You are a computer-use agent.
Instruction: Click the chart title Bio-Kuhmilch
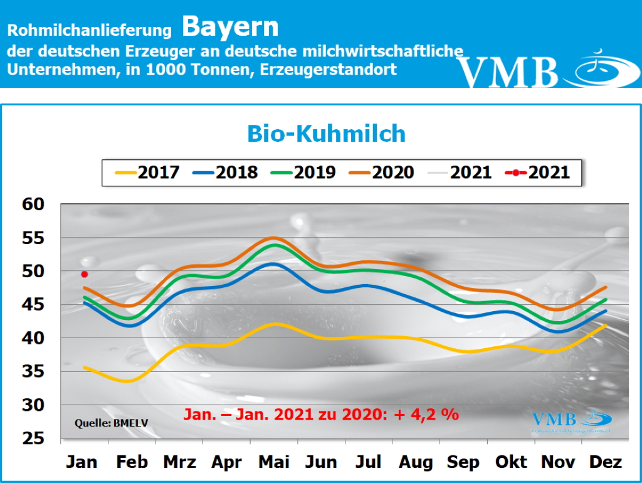(326, 134)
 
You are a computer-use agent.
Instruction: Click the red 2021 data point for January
(85, 274)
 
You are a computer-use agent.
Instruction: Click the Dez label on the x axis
(606, 463)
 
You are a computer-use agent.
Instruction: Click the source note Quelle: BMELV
(111, 422)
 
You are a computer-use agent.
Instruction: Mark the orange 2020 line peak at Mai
(273, 238)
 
